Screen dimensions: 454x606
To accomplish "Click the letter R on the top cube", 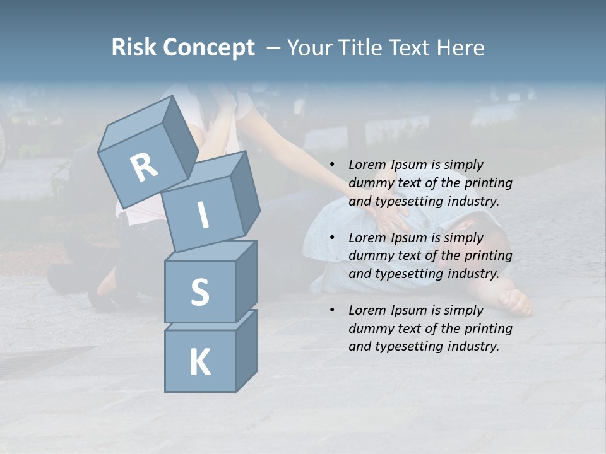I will pyautogui.click(x=144, y=167).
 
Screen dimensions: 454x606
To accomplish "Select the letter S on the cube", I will pyautogui.click(x=199, y=292).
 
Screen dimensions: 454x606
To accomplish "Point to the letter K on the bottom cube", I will pyautogui.click(x=199, y=363).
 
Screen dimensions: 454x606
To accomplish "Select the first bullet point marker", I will pyautogui.click(x=332, y=165).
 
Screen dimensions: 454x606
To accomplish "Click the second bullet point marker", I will pyautogui.click(x=332, y=238).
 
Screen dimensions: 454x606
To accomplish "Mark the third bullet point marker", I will pyautogui.click(x=332, y=310).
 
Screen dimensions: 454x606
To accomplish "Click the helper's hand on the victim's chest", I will pyautogui.click(x=395, y=218).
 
